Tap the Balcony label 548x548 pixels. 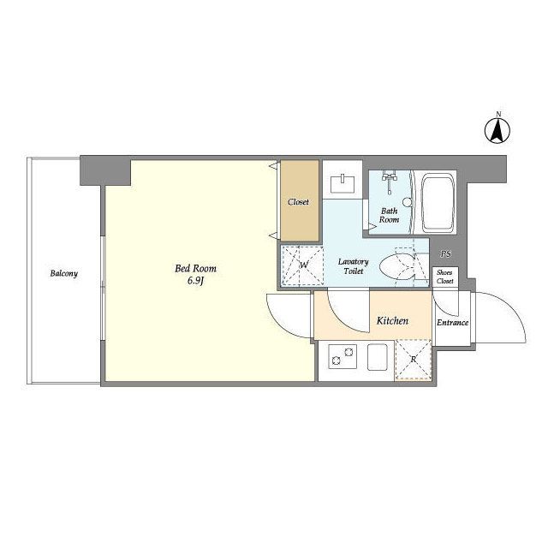(x=63, y=273)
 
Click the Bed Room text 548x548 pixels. (x=195, y=268)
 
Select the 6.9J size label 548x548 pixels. (x=195, y=281)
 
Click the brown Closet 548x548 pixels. (x=300, y=201)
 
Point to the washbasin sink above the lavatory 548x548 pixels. (x=342, y=184)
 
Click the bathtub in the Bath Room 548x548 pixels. (x=438, y=203)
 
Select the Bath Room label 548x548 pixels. (x=389, y=215)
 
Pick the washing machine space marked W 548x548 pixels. (x=302, y=265)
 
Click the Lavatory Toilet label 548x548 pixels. (x=354, y=266)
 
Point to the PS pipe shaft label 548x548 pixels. (x=445, y=253)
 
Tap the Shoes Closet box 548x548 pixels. (x=445, y=277)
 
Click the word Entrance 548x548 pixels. (x=453, y=323)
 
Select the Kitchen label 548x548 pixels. (x=392, y=320)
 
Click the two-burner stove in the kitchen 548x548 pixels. (x=342, y=356)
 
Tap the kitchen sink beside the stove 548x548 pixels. (x=378, y=357)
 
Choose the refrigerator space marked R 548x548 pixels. (x=413, y=360)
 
